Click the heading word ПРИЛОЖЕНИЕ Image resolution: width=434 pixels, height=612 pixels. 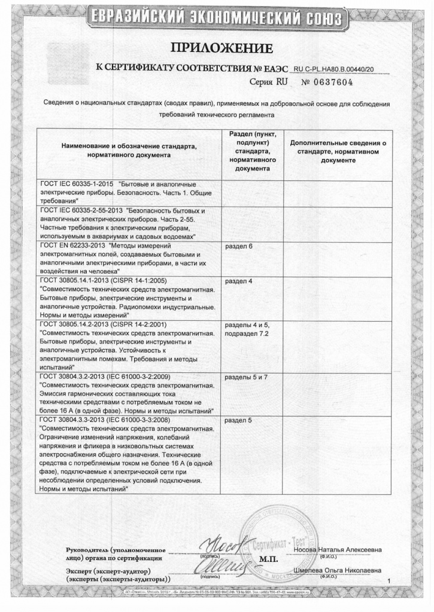tap(221, 48)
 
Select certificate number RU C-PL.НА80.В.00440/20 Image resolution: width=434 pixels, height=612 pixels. tap(339, 69)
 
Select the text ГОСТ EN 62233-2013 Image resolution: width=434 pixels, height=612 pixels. tap(72, 246)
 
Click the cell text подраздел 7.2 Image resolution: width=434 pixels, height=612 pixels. tap(251, 333)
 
